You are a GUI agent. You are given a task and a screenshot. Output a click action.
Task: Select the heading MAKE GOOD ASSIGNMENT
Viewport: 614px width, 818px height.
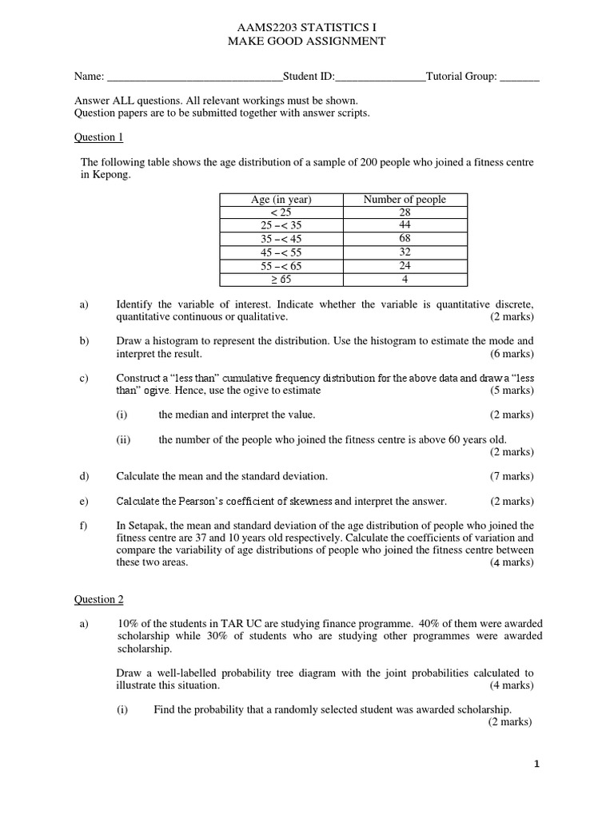[x=306, y=41]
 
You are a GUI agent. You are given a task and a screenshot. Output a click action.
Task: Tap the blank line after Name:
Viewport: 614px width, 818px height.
[x=194, y=77]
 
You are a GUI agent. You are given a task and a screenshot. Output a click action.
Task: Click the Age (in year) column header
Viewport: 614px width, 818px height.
[x=281, y=200]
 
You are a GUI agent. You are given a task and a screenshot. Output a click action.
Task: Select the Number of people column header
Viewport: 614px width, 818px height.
[x=405, y=200]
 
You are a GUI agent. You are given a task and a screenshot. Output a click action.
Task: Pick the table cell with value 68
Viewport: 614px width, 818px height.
[x=405, y=239]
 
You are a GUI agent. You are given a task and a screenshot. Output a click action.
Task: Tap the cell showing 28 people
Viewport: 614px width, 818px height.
[x=405, y=212]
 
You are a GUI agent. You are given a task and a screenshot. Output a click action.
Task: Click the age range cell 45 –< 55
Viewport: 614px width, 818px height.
[x=281, y=252]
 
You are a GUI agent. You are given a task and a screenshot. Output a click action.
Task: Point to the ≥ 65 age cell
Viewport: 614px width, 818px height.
[x=281, y=279]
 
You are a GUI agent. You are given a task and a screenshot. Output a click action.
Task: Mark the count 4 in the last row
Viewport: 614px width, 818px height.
[x=405, y=279]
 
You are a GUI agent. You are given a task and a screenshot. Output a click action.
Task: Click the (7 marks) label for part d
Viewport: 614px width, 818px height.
[x=512, y=476]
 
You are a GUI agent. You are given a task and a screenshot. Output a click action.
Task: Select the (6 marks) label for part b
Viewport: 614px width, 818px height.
[x=512, y=354]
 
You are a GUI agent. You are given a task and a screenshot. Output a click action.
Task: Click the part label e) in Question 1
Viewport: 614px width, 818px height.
[x=84, y=501]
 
